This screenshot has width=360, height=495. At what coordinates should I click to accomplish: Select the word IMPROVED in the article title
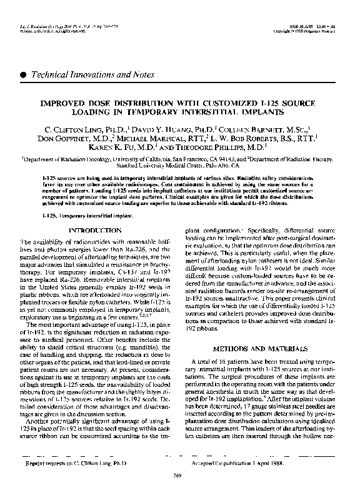click(x=63, y=101)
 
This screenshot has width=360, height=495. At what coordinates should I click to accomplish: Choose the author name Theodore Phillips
click(x=227, y=150)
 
